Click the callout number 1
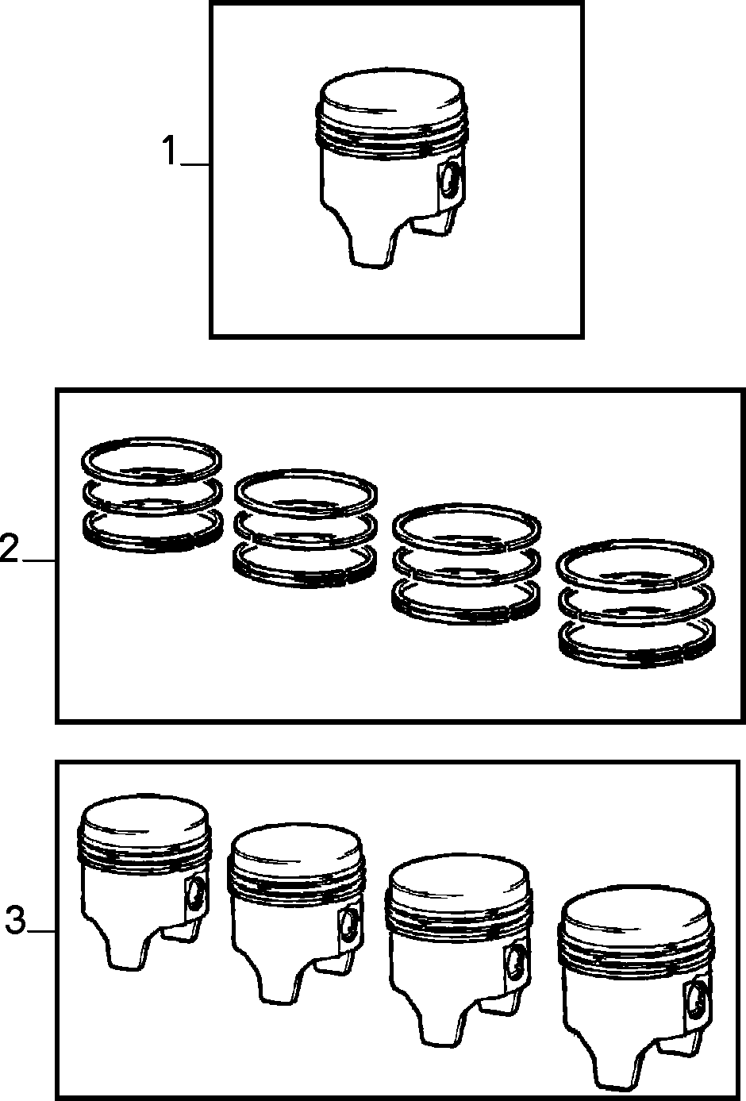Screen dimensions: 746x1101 170,152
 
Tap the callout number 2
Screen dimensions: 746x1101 9,549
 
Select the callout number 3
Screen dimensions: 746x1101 15,920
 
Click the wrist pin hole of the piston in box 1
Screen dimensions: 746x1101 450,181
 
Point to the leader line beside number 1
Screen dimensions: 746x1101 195,164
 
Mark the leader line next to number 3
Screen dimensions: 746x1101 42,931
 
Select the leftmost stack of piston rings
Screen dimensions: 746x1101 152,494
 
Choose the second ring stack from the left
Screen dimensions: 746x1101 306,528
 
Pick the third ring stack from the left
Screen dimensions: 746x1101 466,564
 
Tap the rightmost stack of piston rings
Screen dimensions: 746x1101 636,603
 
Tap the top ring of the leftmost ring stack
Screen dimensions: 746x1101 152,460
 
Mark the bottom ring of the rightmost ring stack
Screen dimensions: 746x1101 637,644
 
